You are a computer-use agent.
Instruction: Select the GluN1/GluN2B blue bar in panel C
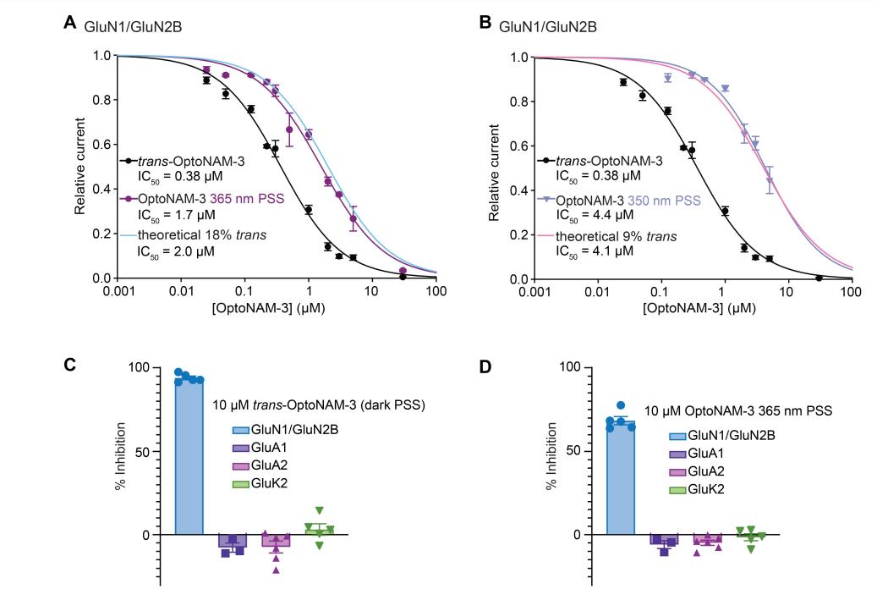tap(189, 457)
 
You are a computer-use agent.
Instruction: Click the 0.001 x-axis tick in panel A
tap(116, 292)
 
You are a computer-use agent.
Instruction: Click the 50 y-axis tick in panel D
tap(574, 451)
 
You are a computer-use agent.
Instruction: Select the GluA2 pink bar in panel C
tap(277, 541)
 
